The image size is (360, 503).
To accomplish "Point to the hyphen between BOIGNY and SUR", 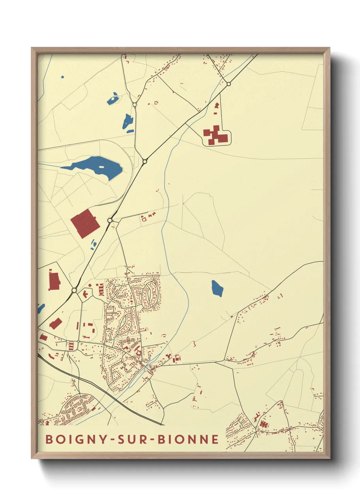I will click(113, 440).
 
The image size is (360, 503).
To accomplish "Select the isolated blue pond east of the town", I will click(217, 288).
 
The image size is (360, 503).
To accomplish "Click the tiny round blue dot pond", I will click(62, 77).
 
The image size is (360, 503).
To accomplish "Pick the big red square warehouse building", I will click(85, 223).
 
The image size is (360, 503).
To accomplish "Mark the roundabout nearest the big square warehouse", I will click(110, 221).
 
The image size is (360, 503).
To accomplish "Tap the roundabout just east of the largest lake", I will click(145, 161).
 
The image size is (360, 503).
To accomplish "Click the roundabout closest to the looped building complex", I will click(229, 84).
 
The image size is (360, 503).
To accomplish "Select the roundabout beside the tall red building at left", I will click(74, 290).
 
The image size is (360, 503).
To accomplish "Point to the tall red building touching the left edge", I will click(54, 281).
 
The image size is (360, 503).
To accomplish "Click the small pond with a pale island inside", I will click(113, 99).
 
